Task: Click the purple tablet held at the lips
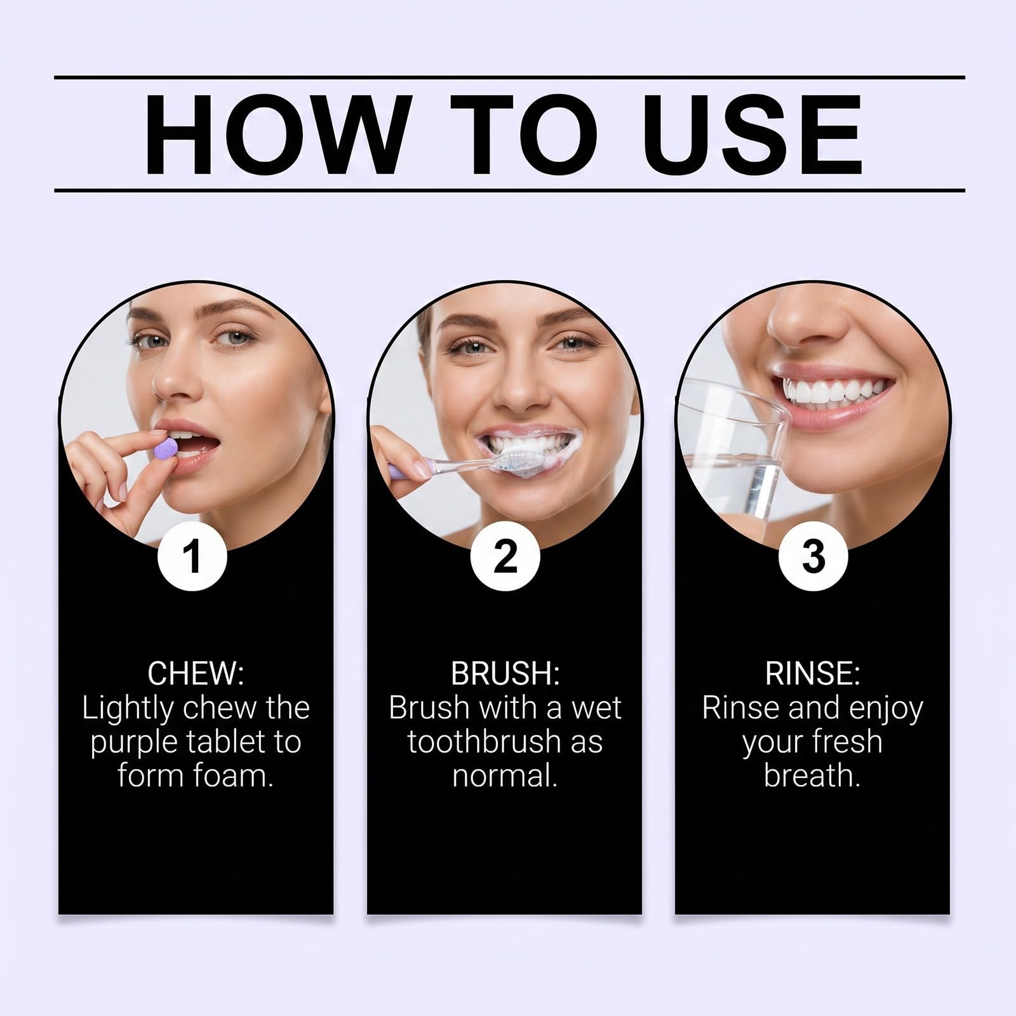tap(166, 449)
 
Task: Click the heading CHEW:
tap(196, 674)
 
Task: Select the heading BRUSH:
tap(505, 674)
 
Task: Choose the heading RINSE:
tap(813, 674)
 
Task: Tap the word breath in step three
tap(812, 775)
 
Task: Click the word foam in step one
tap(233, 775)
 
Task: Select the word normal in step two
tap(505, 775)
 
